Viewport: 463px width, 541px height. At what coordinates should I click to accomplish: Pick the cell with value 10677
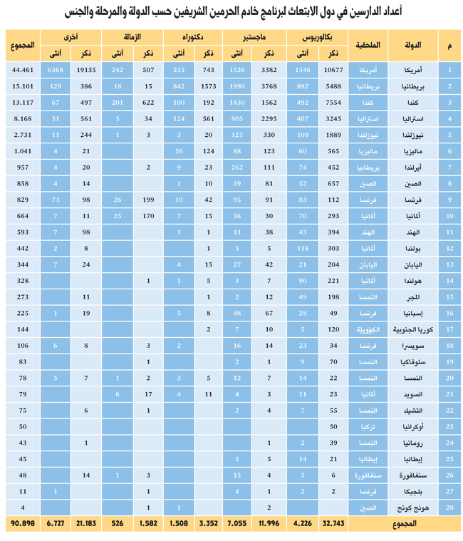click(x=333, y=70)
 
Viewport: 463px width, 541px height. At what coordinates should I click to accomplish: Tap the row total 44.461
click(x=23, y=70)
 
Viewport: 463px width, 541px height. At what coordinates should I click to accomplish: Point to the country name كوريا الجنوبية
click(x=418, y=330)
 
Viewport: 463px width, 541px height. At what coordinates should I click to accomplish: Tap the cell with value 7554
click(x=333, y=103)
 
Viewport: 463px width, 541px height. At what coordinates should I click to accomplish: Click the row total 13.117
click(x=23, y=103)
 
